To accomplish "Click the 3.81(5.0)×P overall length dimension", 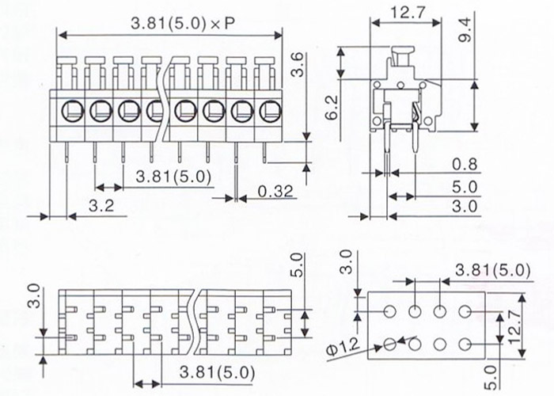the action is tap(183, 24).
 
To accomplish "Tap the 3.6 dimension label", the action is tap(298, 64).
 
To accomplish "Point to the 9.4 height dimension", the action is tap(465, 30).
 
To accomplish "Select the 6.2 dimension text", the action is tap(332, 108).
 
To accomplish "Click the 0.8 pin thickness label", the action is tap(465, 165).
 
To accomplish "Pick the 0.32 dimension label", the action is tap(275, 192).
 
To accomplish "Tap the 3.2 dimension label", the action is tap(101, 206).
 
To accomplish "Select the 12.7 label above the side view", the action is tap(408, 13).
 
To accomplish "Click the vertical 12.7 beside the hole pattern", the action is tap(515, 326).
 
